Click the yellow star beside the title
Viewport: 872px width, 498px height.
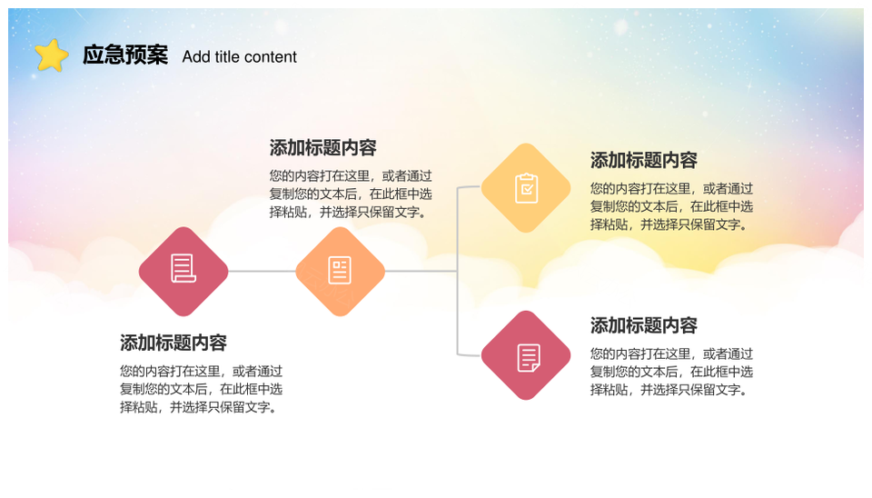pyautogui.click(x=51, y=55)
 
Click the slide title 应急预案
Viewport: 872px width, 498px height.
pyautogui.click(x=125, y=55)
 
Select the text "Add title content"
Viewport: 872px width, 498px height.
pyautogui.click(x=239, y=56)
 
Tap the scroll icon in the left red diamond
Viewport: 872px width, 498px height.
pyautogui.click(x=183, y=268)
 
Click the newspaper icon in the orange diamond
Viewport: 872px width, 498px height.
pyautogui.click(x=340, y=271)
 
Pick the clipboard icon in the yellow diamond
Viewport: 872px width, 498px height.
pyautogui.click(x=526, y=188)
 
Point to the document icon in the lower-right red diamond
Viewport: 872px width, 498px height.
pyautogui.click(x=529, y=358)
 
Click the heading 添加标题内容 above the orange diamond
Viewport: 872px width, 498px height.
pyautogui.click(x=323, y=147)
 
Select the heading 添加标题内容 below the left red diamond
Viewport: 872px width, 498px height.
pyautogui.click(x=173, y=343)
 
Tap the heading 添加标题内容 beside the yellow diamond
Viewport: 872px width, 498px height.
pyautogui.click(x=644, y=160)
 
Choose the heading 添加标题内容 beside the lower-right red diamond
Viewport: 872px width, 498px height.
pyautogui.click(x=644, y=325)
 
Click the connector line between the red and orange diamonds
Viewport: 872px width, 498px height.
pyautogui.click(x=262, y=272)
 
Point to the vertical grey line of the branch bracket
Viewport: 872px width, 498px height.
pyautogui.click(x=457, y=271)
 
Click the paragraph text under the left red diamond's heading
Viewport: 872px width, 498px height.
pyautogui.click(x=202, y=389)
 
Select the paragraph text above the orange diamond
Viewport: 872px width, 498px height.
pyautogui.click(x=351, y=194)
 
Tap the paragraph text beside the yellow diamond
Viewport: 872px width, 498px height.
pyautogui.click(x=672, y=206)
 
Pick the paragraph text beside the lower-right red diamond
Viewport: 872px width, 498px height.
pyautogui.click(x=672, y=372)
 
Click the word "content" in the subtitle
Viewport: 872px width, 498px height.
pyautogui.click(x=271, y=56)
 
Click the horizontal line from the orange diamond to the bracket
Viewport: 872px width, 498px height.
pyautogui.click(x=421, y=272)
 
